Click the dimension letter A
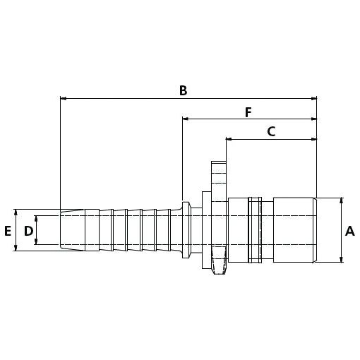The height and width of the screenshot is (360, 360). pos(349,230)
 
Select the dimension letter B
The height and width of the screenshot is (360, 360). pos(183,90)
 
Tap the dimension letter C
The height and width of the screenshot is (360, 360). pos(271,131)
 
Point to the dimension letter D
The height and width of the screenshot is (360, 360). pos(28,230)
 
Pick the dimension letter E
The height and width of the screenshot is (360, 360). pos(8,230)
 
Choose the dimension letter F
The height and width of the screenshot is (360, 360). pos(248,112)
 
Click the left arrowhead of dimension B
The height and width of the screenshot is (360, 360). pos(64,99)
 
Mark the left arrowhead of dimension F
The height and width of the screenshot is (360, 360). pos(186,119)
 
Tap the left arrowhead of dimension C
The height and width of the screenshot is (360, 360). pos(229,139)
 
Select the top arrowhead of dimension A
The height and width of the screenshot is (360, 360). pos(342,201)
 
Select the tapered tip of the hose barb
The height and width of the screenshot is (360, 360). pos(72,229)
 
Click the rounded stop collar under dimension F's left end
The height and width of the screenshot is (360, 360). pos(185,229)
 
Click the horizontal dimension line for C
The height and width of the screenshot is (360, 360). pos(271,139)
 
